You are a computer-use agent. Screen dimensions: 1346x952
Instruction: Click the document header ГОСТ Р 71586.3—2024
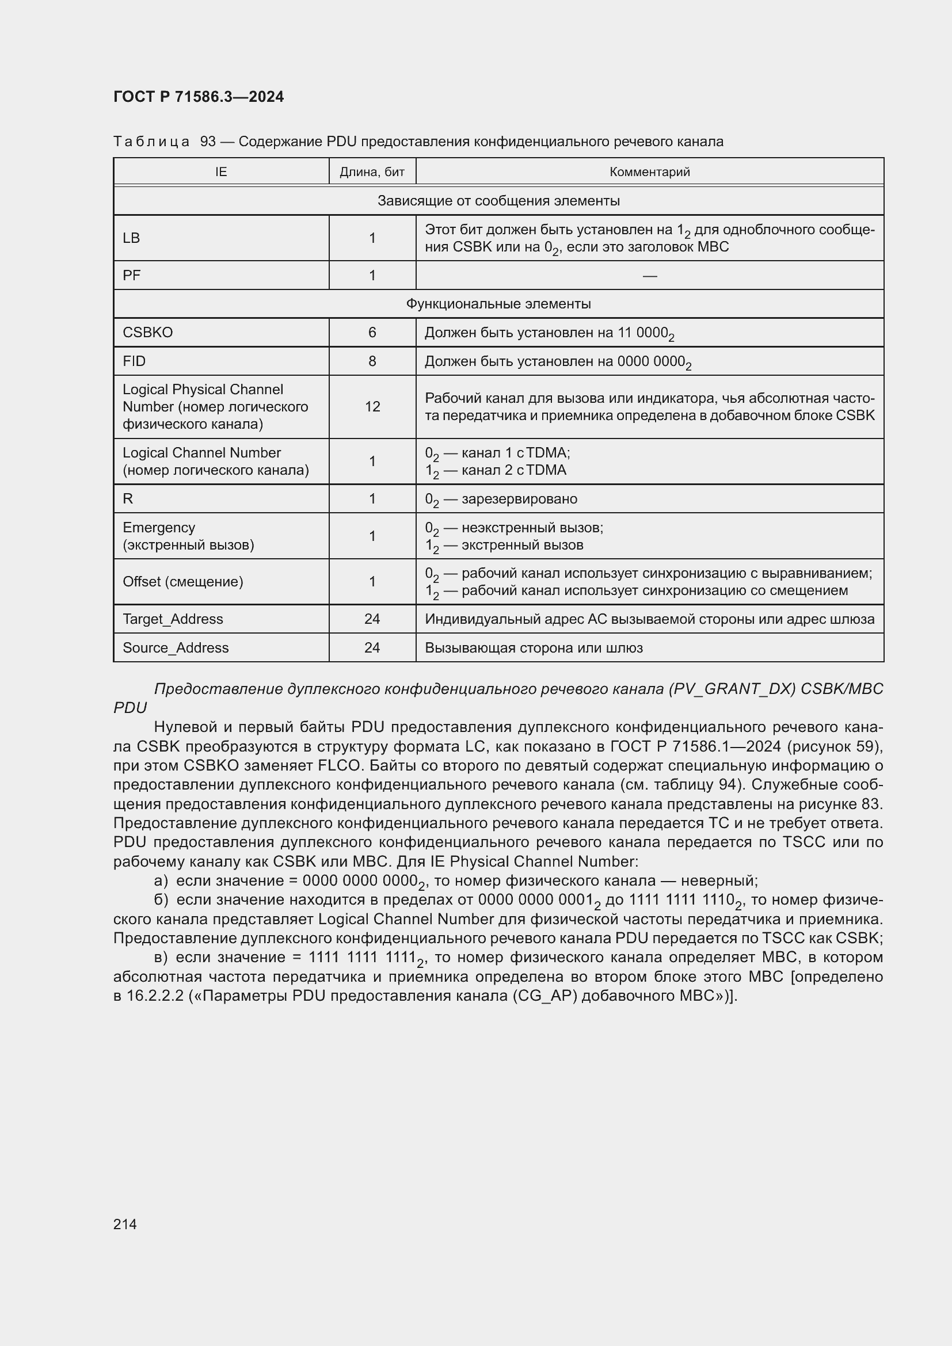[198, 97]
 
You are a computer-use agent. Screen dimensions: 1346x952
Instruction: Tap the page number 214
[125, 1223]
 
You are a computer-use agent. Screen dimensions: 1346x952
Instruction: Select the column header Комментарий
[649, 171]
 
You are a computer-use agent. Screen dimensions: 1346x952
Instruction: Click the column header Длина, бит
[372, 171]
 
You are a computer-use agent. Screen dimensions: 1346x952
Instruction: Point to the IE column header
[221, 171]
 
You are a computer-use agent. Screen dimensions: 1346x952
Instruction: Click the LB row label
[131, 238]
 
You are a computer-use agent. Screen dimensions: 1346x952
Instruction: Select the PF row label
[131, 276]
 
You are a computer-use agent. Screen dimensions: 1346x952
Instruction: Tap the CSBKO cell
[148, 333]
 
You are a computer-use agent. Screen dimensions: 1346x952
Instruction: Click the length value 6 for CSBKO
[372, 333]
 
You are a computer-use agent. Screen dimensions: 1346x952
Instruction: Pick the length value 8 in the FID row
[372, 361]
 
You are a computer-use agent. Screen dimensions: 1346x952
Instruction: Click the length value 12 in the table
[372, 406]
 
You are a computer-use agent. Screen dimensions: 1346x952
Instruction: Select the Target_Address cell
[173, 619]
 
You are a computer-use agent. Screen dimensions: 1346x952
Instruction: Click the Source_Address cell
[176, 648]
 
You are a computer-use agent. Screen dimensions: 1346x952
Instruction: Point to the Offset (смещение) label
[183, 582]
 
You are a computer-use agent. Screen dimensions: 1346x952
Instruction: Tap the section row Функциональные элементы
[498, 304]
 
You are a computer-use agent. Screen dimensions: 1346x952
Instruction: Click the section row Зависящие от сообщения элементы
[498, 200]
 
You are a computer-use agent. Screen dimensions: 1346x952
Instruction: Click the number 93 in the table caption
[208, 142]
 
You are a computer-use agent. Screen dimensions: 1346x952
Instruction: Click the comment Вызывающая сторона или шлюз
[534, 648]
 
